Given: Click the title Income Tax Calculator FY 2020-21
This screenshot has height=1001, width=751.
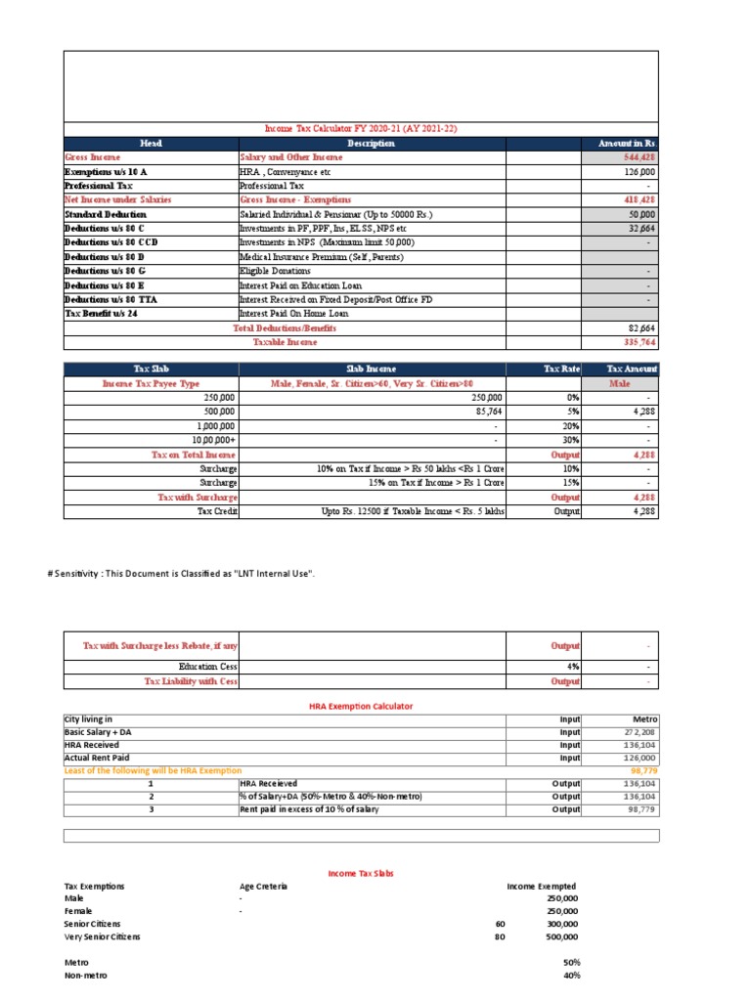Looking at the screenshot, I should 361,129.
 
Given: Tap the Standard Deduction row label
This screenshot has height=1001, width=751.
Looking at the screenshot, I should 106,214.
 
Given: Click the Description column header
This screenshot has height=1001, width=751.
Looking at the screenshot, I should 371,144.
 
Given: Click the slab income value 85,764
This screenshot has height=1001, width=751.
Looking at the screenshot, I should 486,413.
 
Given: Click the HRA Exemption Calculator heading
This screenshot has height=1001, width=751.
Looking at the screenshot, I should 361,706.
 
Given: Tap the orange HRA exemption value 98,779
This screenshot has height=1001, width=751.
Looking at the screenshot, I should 641,771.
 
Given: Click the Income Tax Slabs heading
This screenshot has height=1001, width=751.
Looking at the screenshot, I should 361,873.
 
